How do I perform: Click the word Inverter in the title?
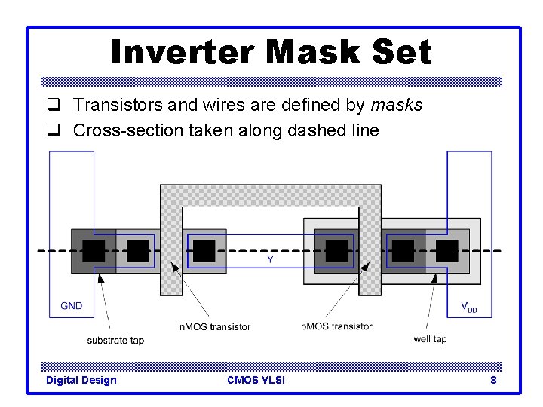click(183, 51)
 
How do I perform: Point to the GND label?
click(72, 306)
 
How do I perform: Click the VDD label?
click(468, 307)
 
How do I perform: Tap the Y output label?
click(270, 260)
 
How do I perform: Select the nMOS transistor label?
click(215, 326)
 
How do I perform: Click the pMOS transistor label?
click(337, 326)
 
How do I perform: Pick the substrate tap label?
click(115, 341)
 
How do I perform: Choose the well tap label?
click(430, 339)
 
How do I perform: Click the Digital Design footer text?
click(81, 380)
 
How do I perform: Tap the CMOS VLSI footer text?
click(256, 380)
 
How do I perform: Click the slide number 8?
click(493, 380)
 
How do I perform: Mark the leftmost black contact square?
click(94, 251)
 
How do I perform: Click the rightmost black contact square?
click(447, 251)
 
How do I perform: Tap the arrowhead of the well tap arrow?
click(435, 277)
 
